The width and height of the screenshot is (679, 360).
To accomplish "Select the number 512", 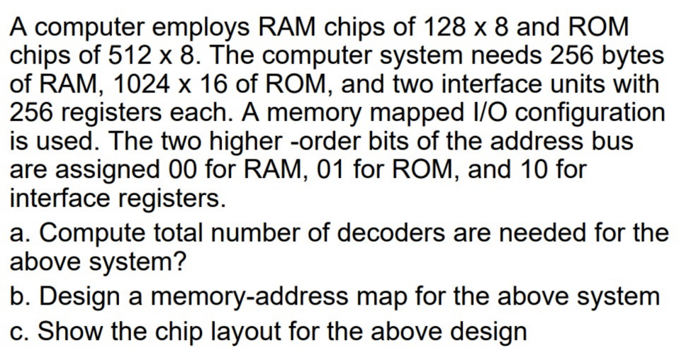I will pyautogui.click(x=145, y=56).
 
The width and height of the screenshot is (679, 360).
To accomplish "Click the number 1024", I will pyautogui.click(x=135, y=84).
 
